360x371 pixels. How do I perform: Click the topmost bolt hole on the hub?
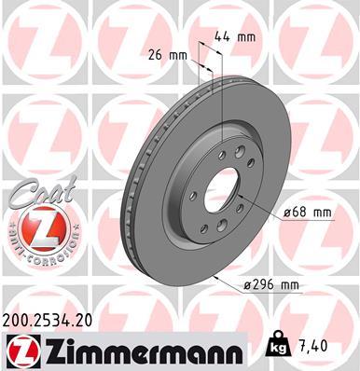[x=239, y=151]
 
